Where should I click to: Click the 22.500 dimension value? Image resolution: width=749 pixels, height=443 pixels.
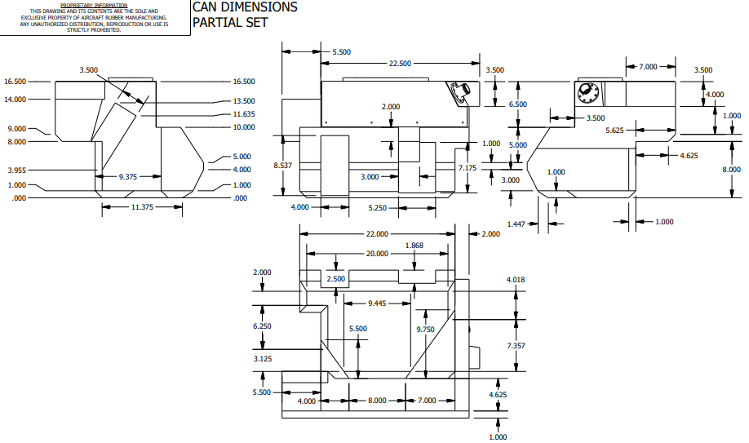point(400,64)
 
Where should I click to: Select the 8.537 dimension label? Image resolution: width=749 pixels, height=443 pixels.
point(282,166)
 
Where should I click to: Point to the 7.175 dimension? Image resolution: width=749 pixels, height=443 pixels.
point(468,167)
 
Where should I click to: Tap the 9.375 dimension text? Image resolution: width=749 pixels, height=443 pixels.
point(127,175)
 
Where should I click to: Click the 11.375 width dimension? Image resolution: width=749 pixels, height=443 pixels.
point(131,207)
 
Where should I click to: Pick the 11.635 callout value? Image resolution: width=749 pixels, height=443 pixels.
point(244,114)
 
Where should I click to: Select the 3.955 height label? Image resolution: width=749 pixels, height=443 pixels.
point(16,171)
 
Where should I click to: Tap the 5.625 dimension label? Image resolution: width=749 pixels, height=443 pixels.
point(615,131)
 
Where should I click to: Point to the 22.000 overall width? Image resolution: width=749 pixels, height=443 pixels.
point(377,234)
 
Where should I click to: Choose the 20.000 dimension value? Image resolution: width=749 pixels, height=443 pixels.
point(377,253)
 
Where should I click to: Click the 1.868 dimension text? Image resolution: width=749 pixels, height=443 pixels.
point(414,246)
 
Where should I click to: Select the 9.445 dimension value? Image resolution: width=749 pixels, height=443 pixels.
point(376,303)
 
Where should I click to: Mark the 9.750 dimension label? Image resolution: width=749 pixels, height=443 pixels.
point(425,330)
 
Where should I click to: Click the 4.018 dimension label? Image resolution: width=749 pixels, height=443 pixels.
point(516,280)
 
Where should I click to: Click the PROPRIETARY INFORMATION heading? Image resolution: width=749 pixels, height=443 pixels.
point(95,5)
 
